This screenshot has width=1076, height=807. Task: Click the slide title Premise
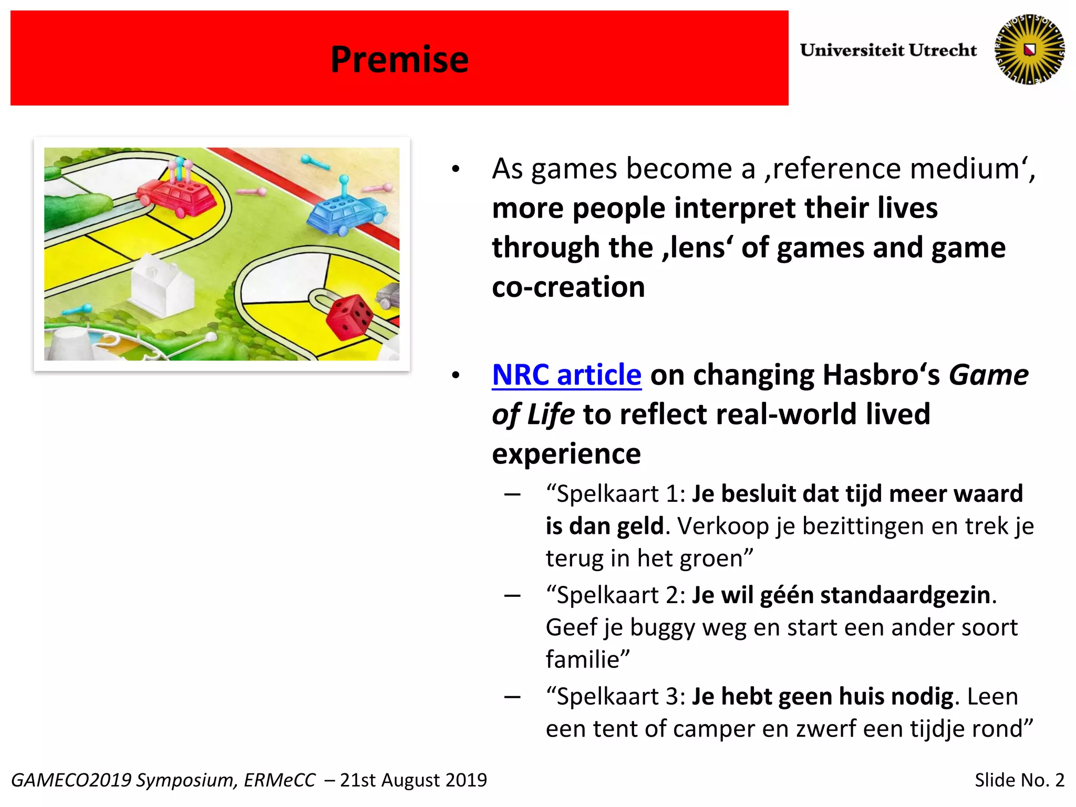[x=399, y=59]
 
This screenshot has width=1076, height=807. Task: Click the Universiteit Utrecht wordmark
[x=888, y=50]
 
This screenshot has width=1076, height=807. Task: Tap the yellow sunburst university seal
[x=1030, y=49]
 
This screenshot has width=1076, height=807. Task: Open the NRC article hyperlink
[x=566, y=375]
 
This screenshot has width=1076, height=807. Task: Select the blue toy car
[x=347, y=213]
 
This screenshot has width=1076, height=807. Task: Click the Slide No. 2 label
[x=1019, y=780]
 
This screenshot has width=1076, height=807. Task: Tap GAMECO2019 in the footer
[x=70, y=780]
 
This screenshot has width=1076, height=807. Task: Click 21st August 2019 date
[x=413, y=780]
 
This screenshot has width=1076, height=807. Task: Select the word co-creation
[x=568, y=287]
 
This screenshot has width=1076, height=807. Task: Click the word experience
[x=566, y=453]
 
